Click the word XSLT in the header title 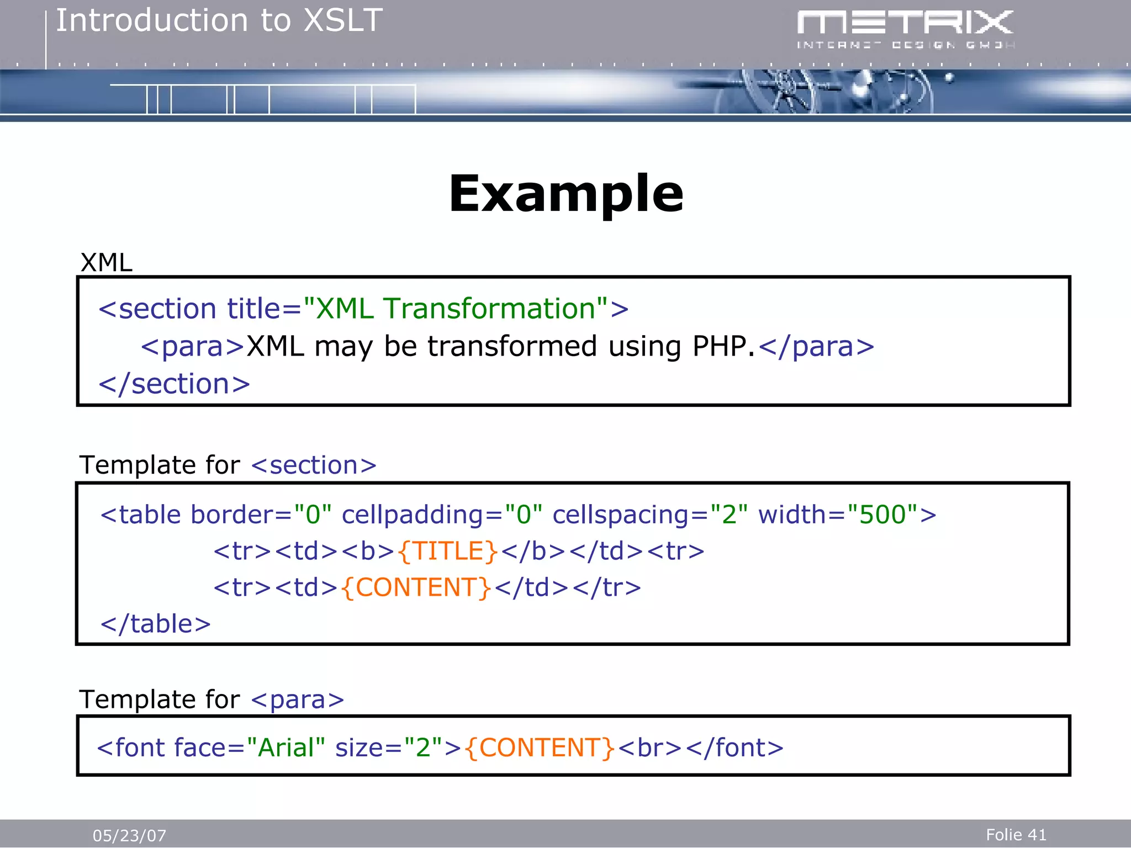(x=343, y=21)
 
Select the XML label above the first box (x=106, y=262)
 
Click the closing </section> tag (x=174, y=384)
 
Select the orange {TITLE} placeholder (x=447, y=551)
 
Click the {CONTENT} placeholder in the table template (x=416, y=587)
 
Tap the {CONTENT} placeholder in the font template (x=540, y=748)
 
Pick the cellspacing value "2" (x=729, y=515)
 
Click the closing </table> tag (x=155, y=624)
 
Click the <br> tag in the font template (x=650, y=748)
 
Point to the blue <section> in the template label (x=314, y=465)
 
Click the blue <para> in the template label (x=297, y=700)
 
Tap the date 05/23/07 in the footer (x=129, y=835)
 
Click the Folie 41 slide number (x=1016, y=835)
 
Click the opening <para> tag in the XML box (x=193, y=347)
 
